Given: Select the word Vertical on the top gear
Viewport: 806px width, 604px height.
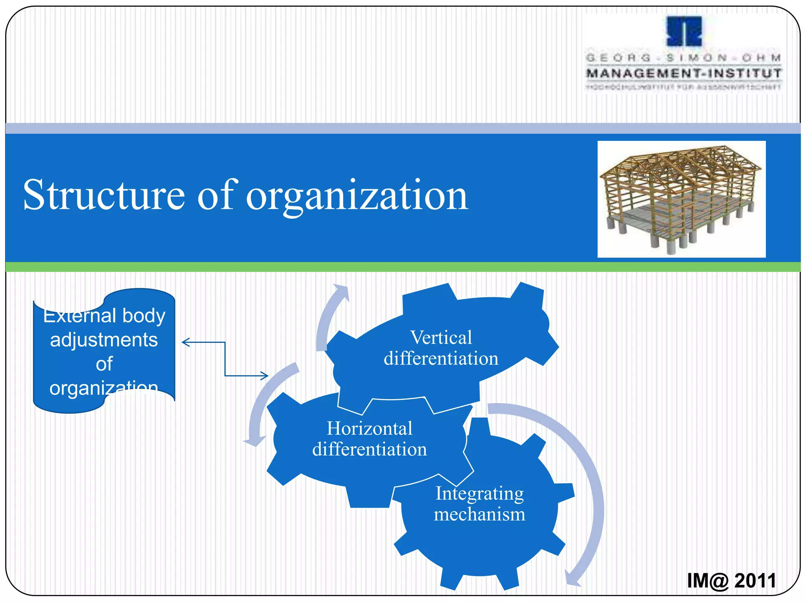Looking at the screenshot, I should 441,337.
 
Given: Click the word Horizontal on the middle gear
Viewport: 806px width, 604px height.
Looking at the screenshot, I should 370,428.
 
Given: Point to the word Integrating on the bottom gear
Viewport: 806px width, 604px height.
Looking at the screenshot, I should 479,494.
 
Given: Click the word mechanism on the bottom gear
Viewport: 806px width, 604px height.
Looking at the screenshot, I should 479,514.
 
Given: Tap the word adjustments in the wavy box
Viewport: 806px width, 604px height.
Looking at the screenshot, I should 104,340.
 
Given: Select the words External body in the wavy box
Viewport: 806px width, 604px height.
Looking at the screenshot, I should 104,316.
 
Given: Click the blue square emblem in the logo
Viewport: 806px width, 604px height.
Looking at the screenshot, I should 684,31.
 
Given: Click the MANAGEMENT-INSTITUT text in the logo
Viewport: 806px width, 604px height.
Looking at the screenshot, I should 684,73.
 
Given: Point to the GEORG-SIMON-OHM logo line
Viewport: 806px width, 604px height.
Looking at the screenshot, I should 684,58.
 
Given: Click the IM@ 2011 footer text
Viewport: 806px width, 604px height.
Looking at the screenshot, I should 731,580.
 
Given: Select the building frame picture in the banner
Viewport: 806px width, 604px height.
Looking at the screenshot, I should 681,199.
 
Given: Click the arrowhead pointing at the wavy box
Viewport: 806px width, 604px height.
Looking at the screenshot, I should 186,343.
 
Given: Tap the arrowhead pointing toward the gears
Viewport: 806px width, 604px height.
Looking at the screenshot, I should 264,376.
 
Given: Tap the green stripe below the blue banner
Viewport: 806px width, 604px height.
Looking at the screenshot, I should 403,267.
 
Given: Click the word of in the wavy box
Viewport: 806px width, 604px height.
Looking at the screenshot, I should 104,364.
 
